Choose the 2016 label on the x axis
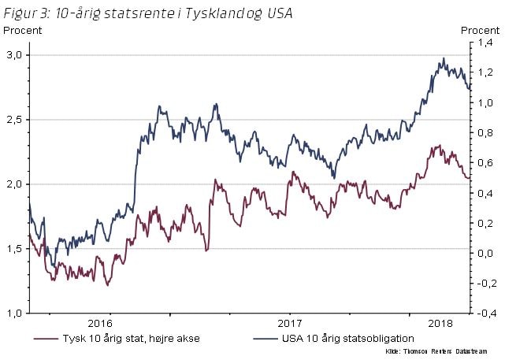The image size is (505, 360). click(100, 323)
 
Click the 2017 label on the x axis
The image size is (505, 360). click(291, 323)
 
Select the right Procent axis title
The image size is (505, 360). click(479, 31)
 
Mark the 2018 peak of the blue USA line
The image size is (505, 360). click(444, 58)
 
